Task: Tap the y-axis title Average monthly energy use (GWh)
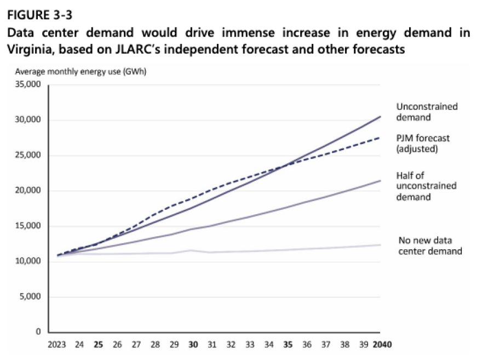pos(81,72)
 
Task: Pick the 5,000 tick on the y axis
pos(32,297)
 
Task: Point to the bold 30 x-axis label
pos(192,345)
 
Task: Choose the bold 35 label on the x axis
pos(288,345)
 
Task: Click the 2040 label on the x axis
pos(382,345)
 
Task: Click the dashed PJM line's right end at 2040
pos(381,138)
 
